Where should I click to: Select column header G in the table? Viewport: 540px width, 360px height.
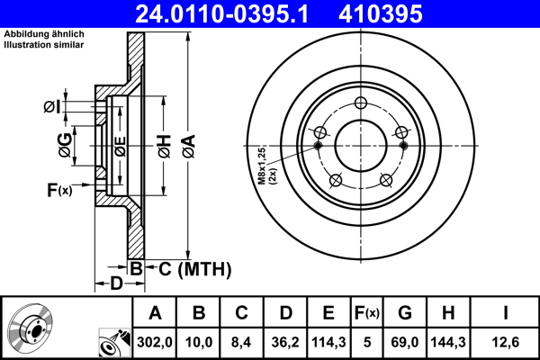(x=405, y=313)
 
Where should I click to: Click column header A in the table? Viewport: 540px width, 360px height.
(x=155, y=313)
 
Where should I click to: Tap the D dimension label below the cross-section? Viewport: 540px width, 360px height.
(x=116, y=284)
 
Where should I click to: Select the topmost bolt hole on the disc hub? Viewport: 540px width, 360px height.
(x=360, y=102)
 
